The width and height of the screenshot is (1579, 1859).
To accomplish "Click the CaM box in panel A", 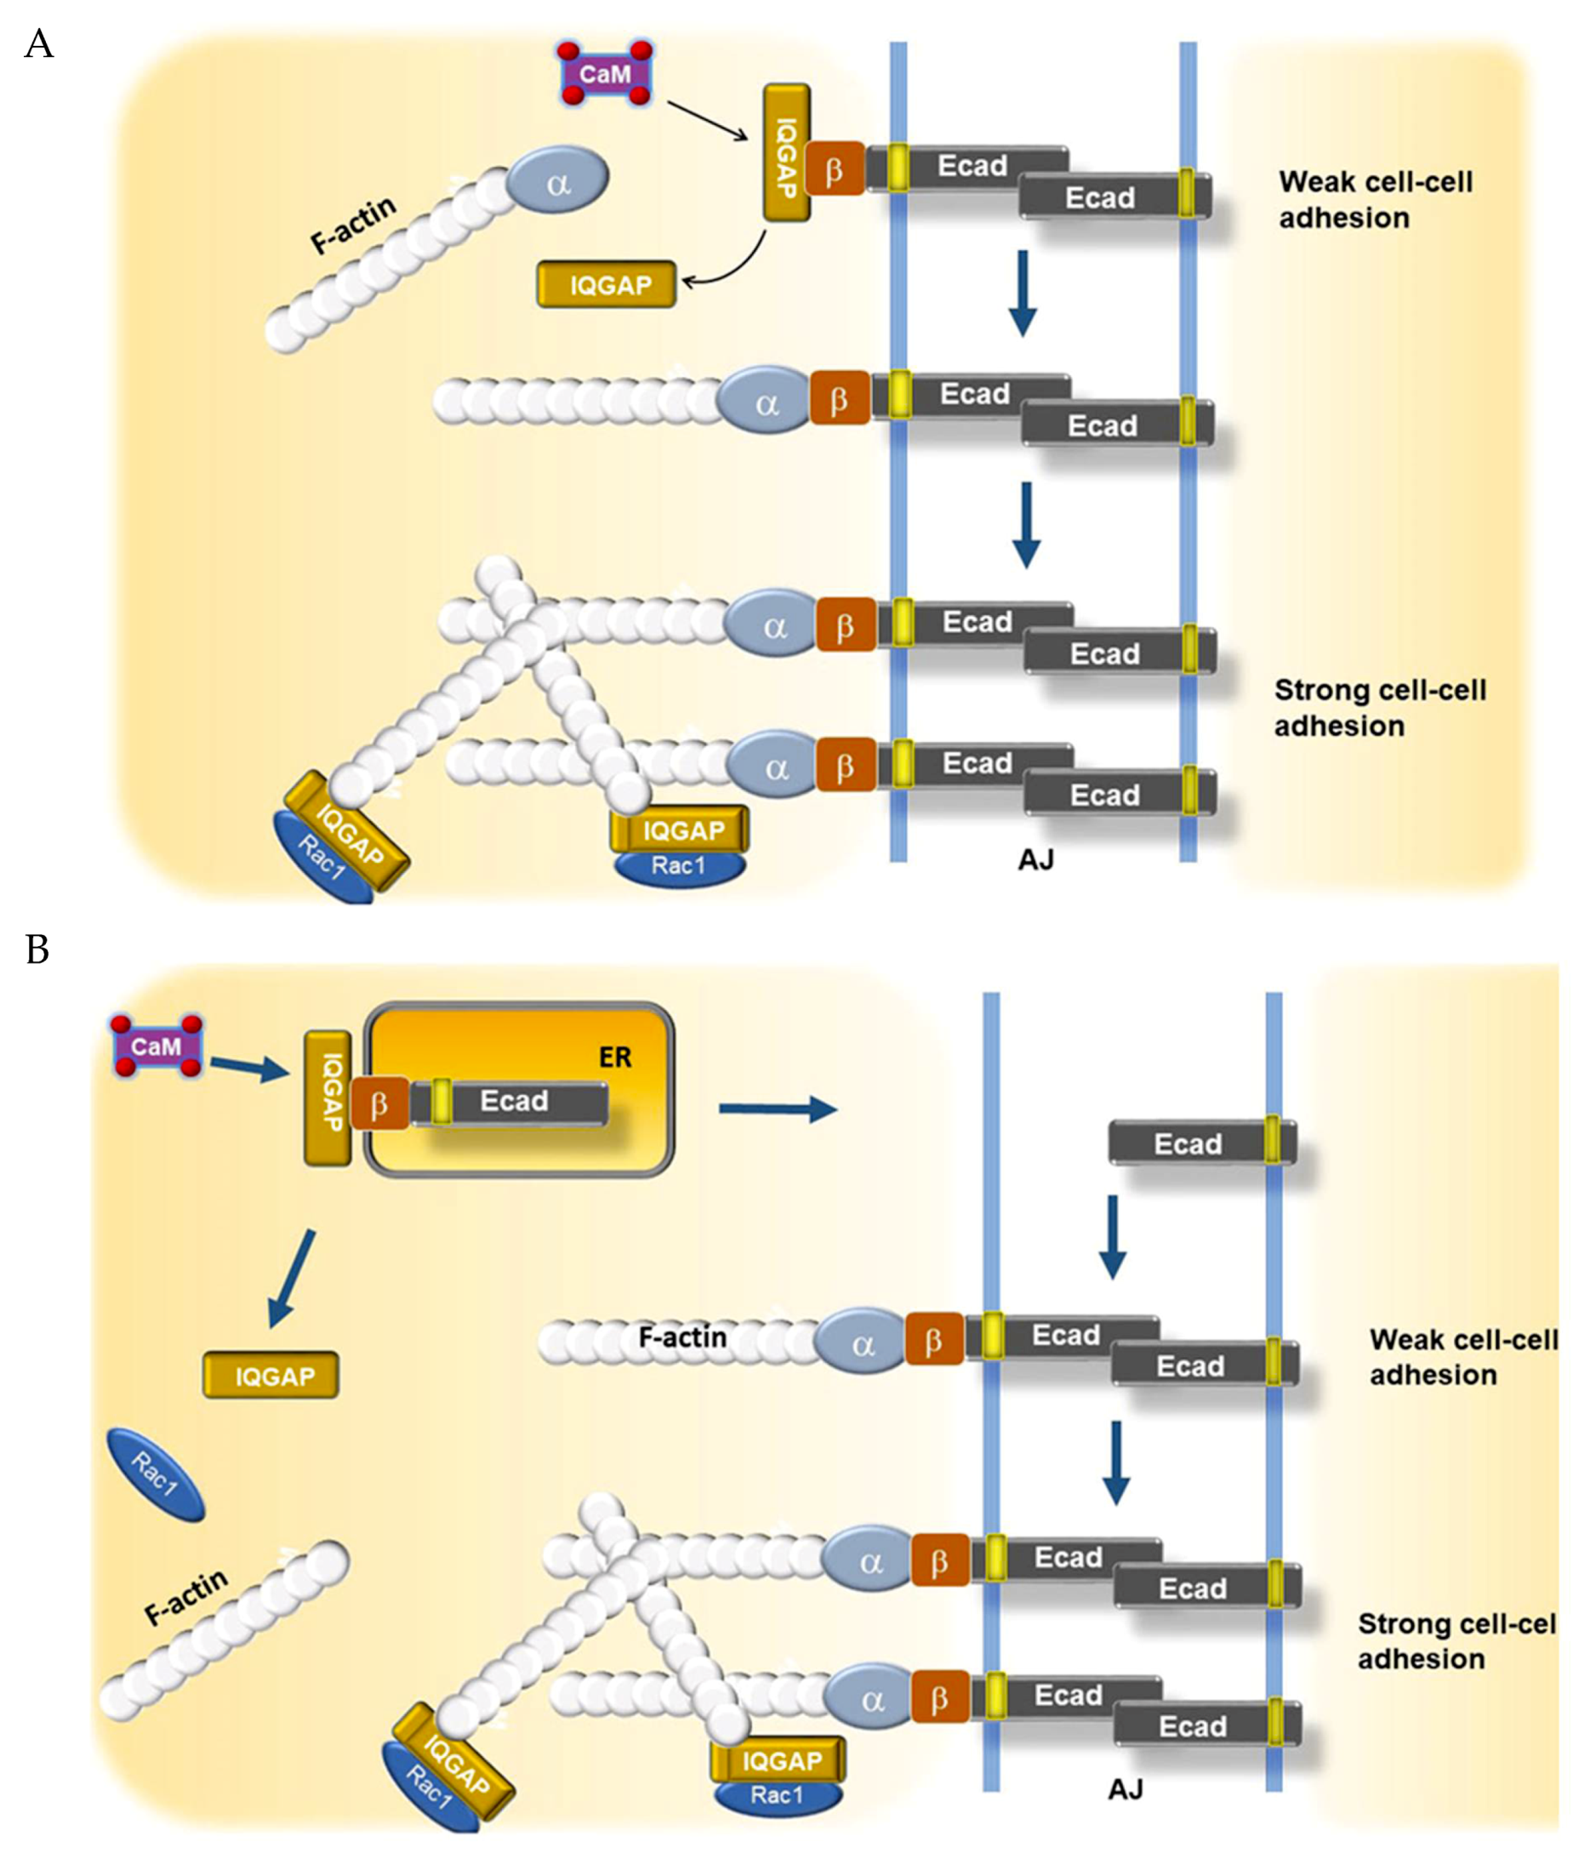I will (x=605, y=73).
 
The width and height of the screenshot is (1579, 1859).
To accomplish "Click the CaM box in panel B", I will (x=157, y=1046).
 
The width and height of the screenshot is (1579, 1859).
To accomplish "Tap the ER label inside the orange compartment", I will (x=615, y=1057).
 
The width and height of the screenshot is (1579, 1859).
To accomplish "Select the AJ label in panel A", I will (x=1035, y=860).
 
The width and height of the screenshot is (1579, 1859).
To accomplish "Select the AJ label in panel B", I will (x=1126, y=1788).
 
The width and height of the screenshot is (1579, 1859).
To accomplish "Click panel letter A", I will (x=38, y=43).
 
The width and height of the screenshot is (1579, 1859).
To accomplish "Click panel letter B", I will (x=37, y=949).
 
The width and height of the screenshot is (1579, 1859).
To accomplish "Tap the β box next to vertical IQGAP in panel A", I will (x=835, y=168).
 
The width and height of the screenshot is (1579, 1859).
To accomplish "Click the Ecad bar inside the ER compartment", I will (x=515, y=1101).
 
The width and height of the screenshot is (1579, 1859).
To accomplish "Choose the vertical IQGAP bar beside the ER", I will (x=328, y=1098).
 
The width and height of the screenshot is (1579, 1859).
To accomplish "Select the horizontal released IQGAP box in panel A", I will (x=607, y=285).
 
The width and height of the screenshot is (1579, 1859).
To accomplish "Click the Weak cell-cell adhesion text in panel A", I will (x=1374, y=200).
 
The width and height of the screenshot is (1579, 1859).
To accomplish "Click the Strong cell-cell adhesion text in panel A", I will (x=1378, y=707).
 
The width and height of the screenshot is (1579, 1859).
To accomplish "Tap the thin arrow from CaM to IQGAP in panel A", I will (x=707, y=121).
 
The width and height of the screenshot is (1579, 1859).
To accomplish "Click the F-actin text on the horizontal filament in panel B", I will (x=682, y=1337).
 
